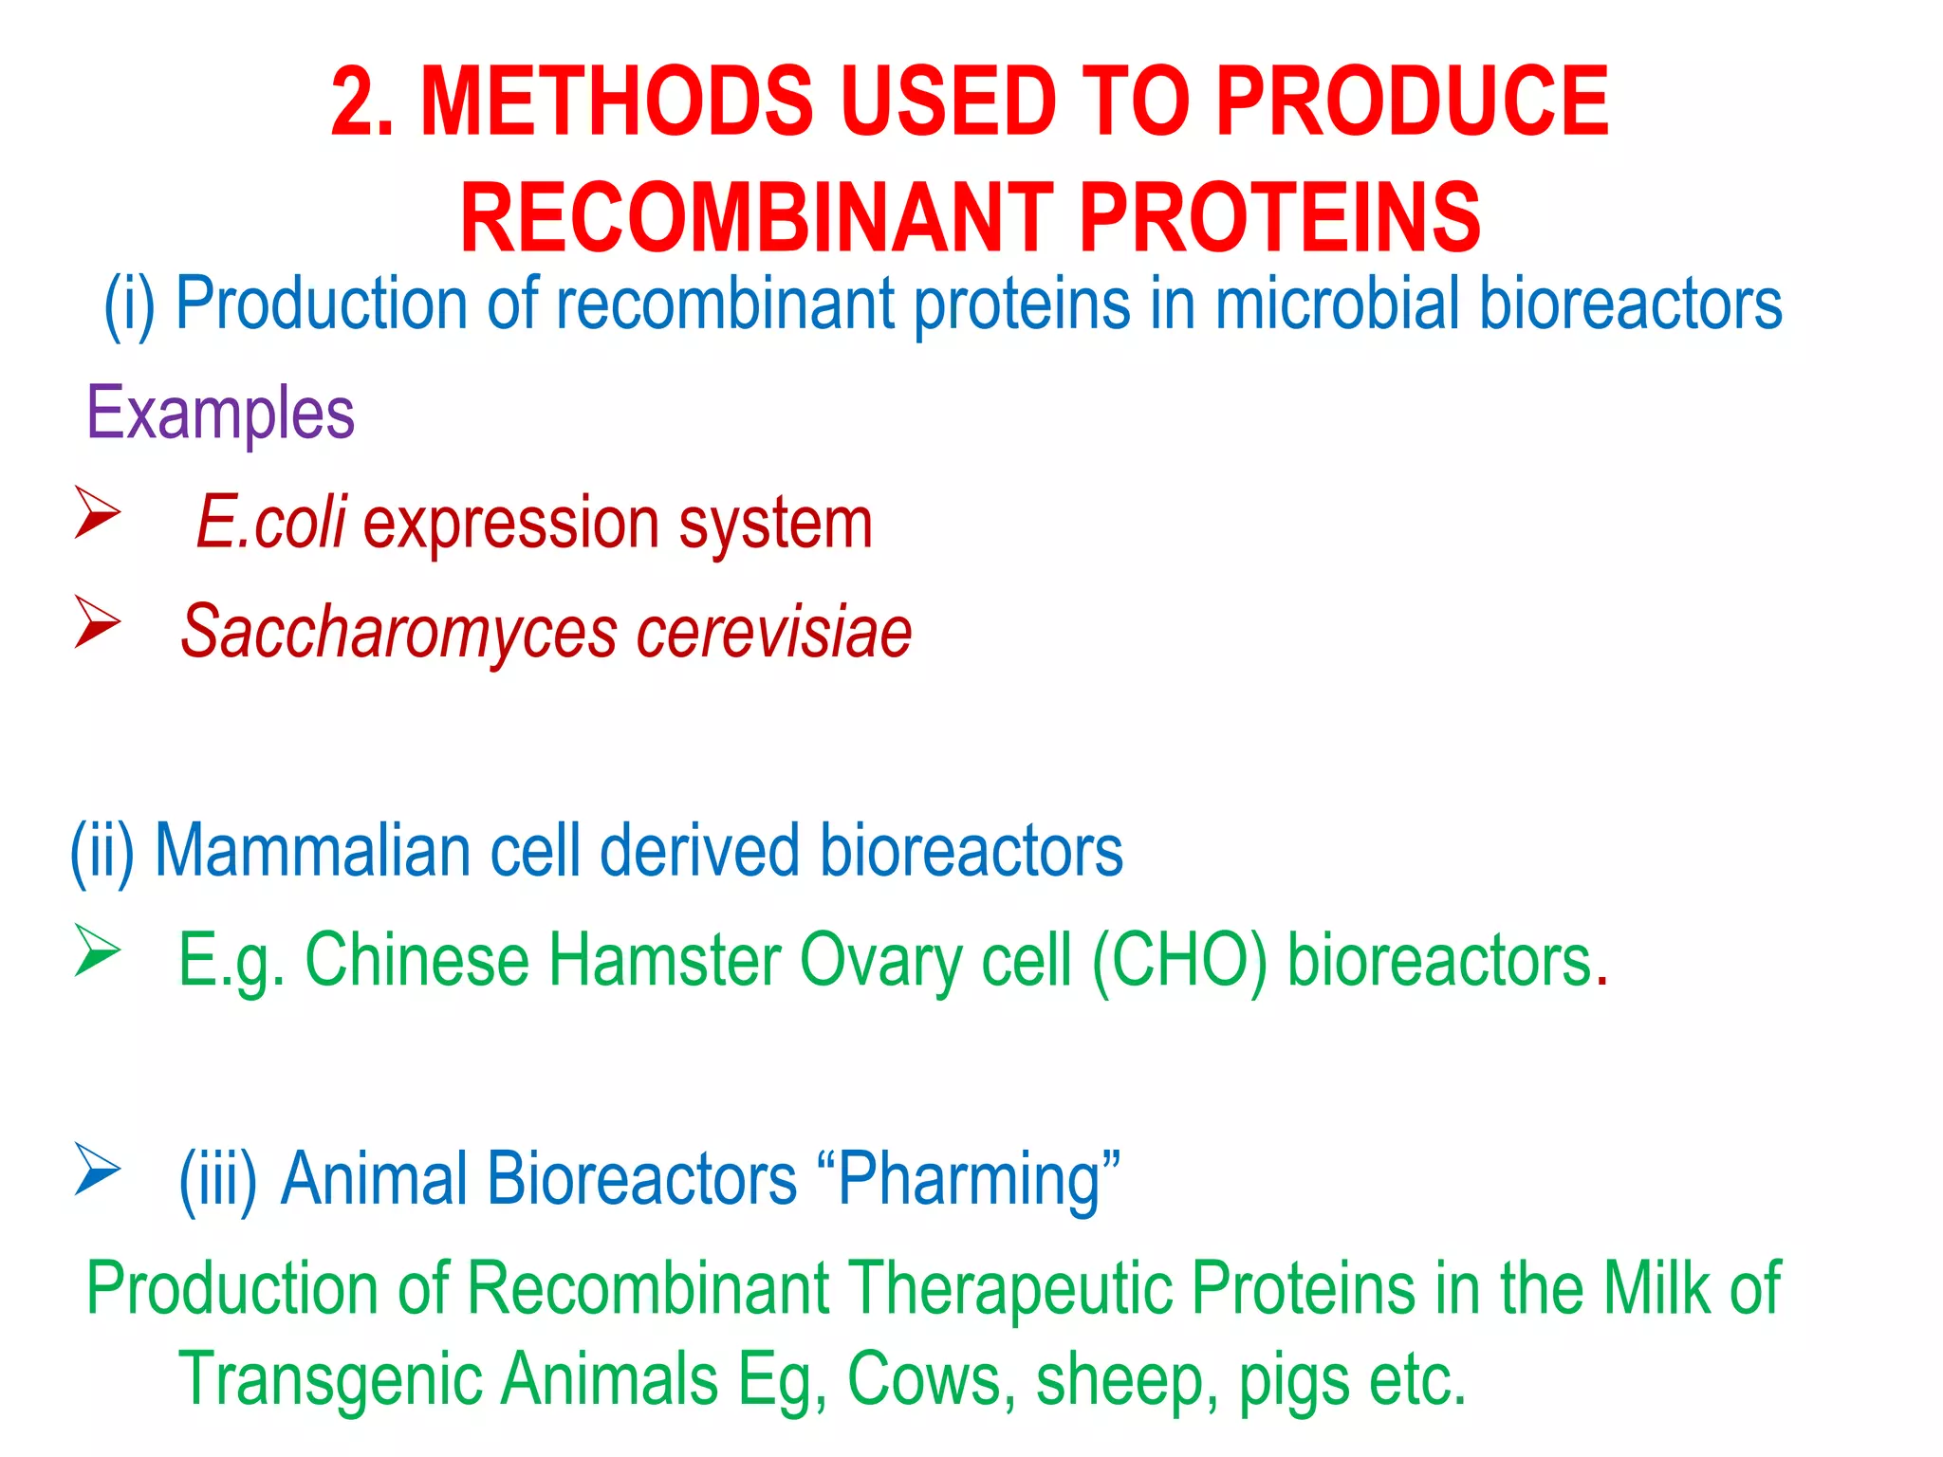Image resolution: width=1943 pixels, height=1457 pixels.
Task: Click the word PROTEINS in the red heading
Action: point(1280,218)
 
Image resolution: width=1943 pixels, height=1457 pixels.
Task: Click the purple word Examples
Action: point(220,415)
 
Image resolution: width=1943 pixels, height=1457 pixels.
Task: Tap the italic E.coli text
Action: point(271,523)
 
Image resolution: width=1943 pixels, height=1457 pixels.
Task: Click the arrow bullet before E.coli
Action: point(97,512)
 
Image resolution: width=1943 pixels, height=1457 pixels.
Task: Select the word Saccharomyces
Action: point(398,633)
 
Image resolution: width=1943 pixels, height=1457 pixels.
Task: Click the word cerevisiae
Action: point(773,633)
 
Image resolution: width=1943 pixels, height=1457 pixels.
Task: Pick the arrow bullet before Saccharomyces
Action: point(97,622)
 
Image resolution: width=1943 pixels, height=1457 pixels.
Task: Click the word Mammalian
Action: point(313,851)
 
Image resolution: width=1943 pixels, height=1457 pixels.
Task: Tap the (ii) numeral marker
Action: point(102,851)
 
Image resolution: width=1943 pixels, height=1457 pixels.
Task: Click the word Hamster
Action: point(665,961)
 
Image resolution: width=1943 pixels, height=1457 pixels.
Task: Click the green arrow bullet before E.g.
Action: point(97,950)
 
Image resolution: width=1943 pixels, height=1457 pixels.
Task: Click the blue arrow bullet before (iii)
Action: point(97,1169)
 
